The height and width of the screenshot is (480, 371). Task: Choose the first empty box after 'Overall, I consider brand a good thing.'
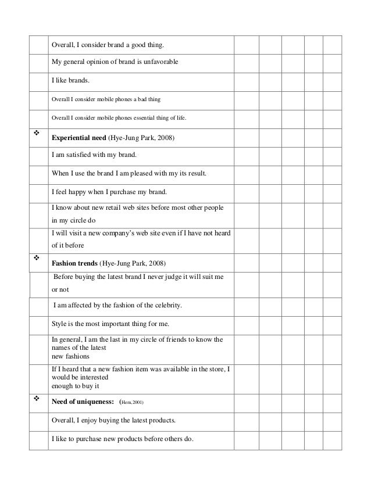[x=246, y=44]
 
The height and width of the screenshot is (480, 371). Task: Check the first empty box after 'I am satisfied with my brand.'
[x=246, y=156]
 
